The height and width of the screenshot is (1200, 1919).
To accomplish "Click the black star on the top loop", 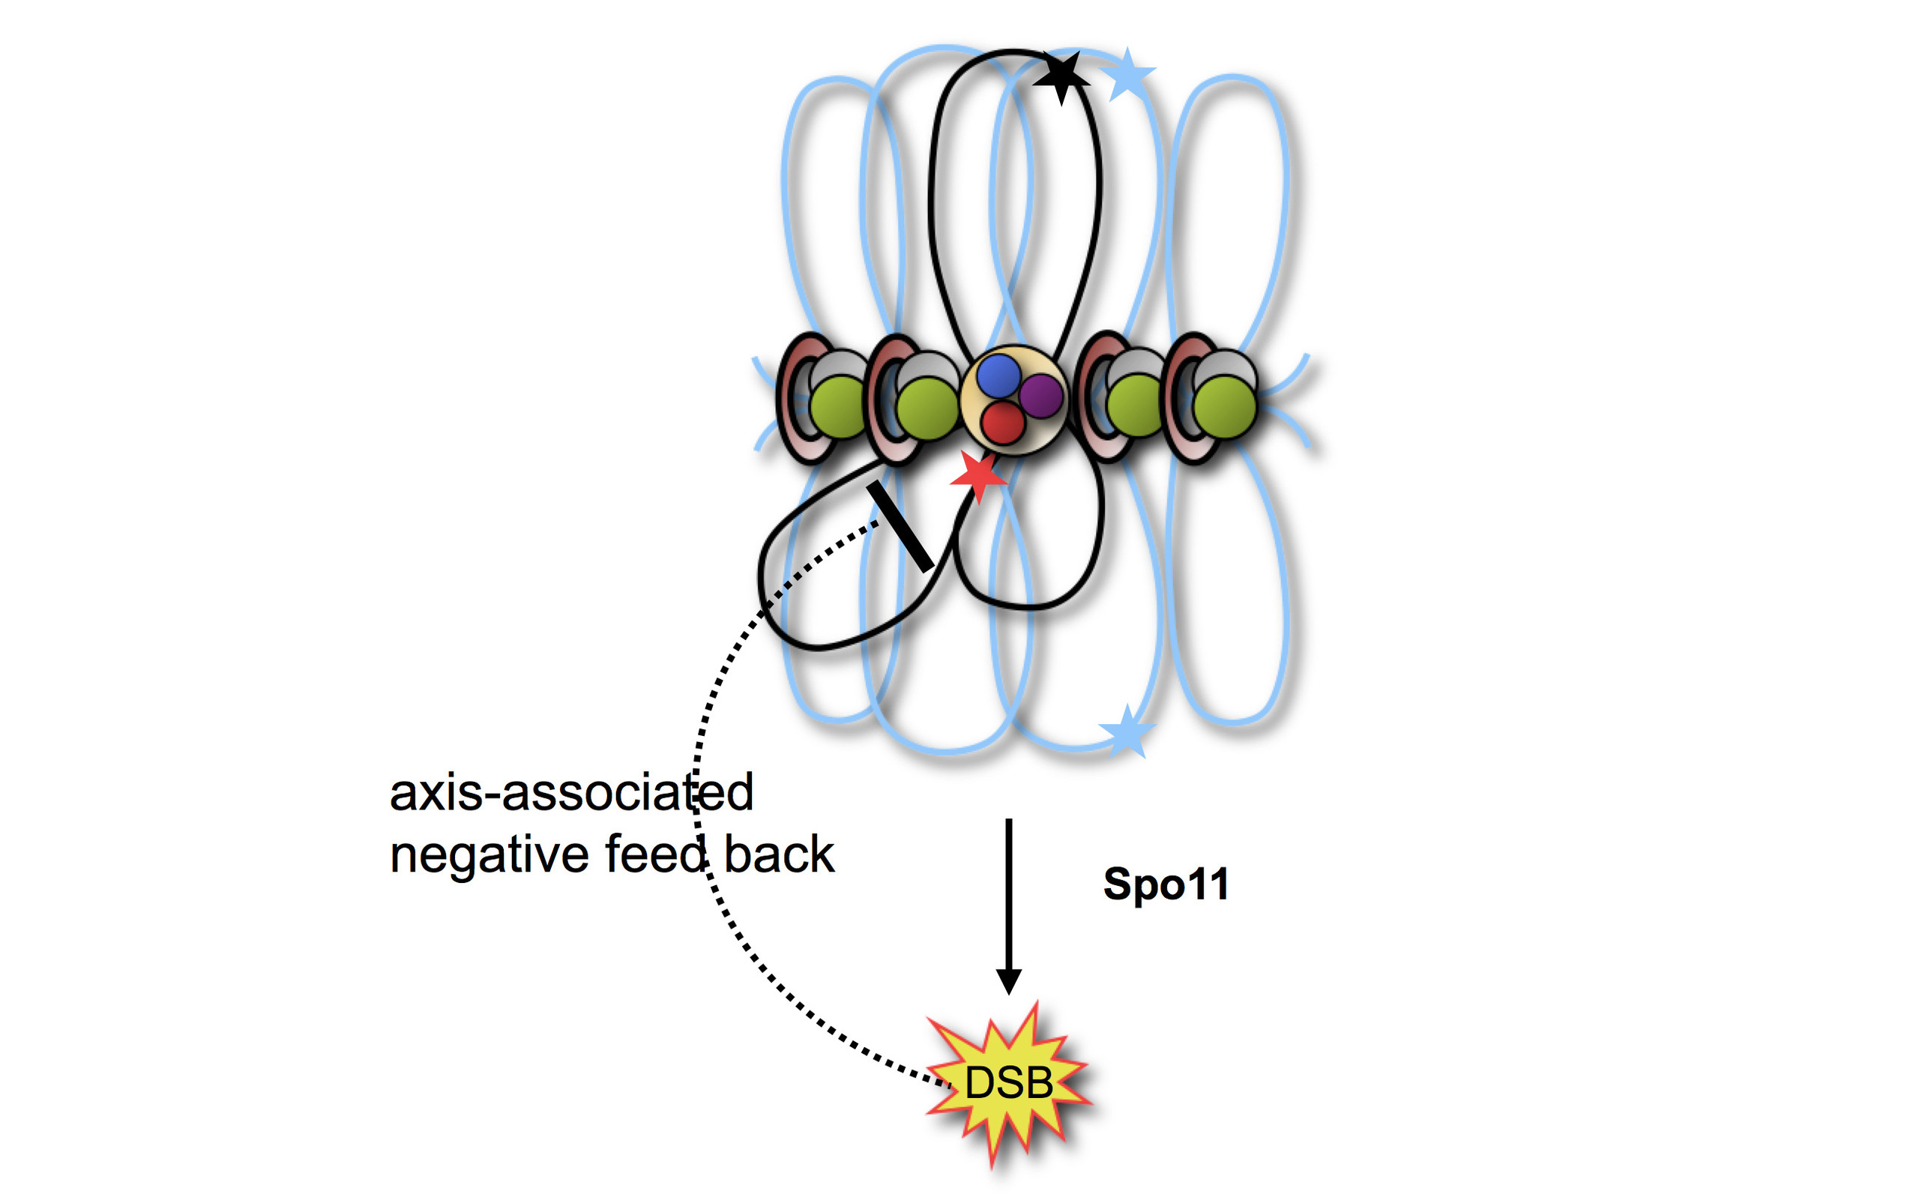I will (1061, 77).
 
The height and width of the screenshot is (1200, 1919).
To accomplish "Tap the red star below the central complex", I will (978, 477).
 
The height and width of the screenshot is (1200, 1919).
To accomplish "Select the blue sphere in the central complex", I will (998, 375).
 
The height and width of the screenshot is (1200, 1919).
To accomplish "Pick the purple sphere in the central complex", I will (1040, 395).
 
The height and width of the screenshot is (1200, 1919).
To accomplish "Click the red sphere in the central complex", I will (1003, 422).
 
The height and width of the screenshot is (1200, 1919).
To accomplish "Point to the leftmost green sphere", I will (840, 407).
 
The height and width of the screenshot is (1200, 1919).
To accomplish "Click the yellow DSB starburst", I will (1008, 1083).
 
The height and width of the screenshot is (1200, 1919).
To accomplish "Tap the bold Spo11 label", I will (1166, 884).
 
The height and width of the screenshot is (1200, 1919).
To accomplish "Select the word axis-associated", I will (571, 793).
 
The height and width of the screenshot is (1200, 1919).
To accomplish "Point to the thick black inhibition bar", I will (900, 525).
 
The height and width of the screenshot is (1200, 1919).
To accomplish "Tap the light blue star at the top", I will (1127, 76).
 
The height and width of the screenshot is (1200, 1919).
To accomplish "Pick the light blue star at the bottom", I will (1125, 730).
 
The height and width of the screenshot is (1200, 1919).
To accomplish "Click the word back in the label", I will (779, 854).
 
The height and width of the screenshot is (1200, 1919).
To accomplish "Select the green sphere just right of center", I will (1136, 405).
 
